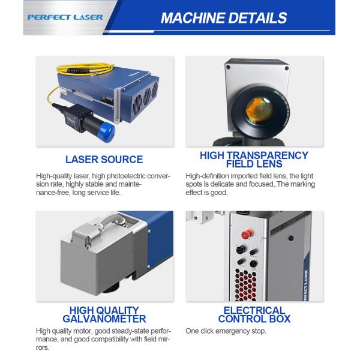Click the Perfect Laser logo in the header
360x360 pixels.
click(x=65, y=17)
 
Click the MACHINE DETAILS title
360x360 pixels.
click(x=224, y=18)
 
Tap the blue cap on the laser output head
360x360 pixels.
click(x=107, y=132)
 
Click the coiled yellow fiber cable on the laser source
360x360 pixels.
click(x=85, y=69)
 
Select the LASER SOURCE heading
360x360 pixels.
click(x=104, y=160)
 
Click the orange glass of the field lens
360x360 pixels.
click(x=259, y=109)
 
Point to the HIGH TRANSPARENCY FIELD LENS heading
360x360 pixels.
click(x=254, y=160)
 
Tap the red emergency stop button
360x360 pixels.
click(x=247, y=234)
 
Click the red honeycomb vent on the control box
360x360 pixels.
click(x=246, y=284)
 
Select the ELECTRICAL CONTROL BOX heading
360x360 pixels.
click(x=254, y=314)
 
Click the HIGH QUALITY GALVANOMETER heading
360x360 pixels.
click(x=104, y=314)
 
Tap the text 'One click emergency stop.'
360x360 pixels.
click(x=226, y=331)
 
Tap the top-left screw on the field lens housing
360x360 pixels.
click(x=228, y=67)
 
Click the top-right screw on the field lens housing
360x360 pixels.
click(x=287, y=68)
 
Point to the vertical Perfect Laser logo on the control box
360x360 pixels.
click(x=306, y=284)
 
